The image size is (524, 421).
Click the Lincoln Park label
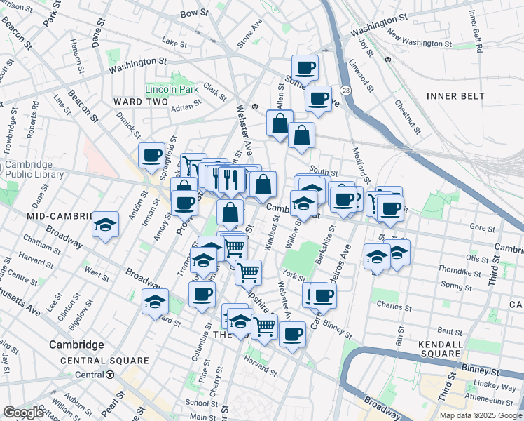pos(167,89)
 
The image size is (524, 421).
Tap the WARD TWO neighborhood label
pos(141,102)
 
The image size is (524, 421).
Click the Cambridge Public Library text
pos(34,170)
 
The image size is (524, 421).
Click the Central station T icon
pos(110,375)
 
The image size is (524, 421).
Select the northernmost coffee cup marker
pos(305,68)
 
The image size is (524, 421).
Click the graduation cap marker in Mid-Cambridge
pos(105,225)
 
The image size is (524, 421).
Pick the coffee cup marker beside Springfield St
pos(151,156)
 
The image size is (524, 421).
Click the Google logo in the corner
pos(24,412)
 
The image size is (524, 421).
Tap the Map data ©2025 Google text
pos(480,415)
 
